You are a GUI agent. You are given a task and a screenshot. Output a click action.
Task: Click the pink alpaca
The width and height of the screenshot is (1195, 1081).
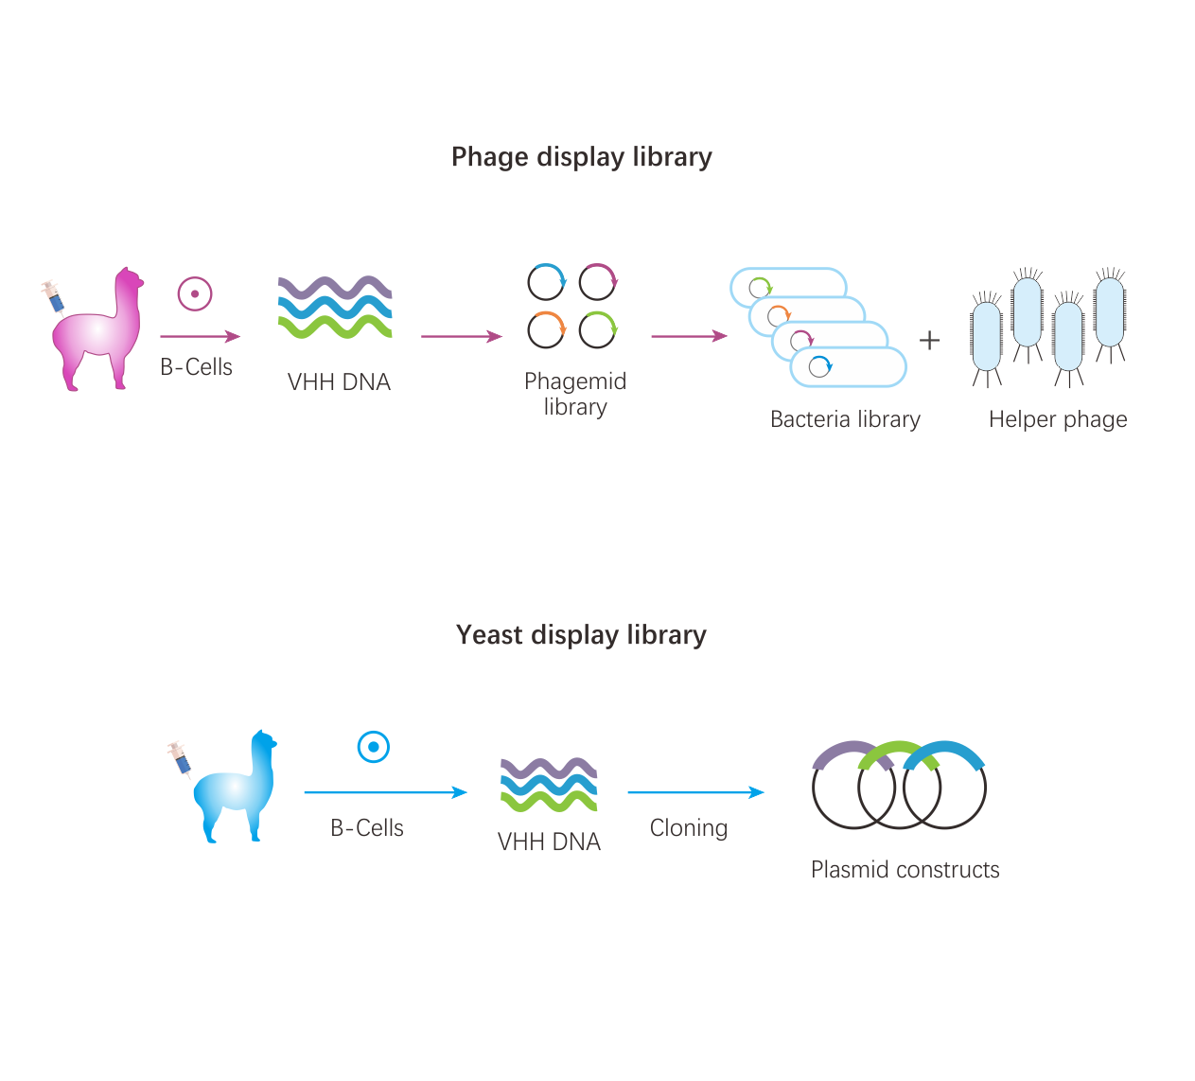click(99, 331)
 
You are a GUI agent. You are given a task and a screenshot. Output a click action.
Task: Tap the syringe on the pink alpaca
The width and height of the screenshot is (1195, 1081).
click(53, 295)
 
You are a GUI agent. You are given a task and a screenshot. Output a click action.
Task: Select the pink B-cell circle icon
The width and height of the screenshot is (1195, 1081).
click(195, 293)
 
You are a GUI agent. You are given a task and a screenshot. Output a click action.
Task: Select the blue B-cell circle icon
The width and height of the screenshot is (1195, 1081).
click(374, 747)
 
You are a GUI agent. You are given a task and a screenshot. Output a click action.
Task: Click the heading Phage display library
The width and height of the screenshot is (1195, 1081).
click(581, 157)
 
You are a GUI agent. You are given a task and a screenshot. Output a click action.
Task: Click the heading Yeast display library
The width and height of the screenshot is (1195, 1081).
click(581, 635)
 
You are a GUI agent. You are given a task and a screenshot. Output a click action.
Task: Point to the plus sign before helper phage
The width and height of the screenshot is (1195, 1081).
click(930, 340)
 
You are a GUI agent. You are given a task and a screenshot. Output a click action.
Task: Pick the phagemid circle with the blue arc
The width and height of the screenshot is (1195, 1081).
click(546, 282)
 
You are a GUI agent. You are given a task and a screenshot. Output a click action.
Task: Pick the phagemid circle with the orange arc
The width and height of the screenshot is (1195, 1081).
click(546, 329)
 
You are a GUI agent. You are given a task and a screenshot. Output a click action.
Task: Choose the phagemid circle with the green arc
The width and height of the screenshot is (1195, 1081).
click(598, 329)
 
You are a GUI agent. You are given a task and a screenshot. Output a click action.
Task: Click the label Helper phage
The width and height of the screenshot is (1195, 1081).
click(1058, 419)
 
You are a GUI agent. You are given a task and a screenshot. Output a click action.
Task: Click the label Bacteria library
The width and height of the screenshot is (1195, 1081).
click(845, 419)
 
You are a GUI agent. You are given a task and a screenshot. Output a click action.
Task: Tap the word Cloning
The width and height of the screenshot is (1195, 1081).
click(689, 828)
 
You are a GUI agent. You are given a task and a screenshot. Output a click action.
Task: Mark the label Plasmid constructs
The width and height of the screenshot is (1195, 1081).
click(905, 870)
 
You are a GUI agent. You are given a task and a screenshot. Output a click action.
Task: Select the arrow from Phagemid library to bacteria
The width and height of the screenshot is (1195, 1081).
click(689, 336)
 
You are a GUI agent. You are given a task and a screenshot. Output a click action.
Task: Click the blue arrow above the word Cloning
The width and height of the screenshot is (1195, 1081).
click(695, 792)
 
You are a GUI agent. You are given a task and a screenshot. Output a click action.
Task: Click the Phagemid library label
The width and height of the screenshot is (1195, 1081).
click(575, 394)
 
